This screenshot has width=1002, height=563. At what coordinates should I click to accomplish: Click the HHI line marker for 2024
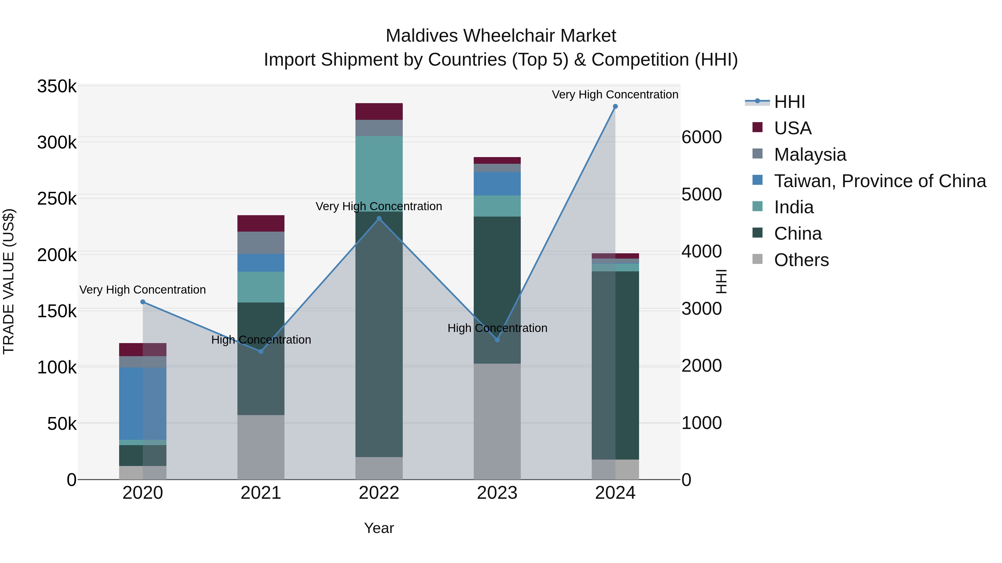pos(615,106)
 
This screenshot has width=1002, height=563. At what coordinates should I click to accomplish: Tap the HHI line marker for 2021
pos(261,351)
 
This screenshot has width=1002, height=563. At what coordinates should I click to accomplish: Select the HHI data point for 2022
pos(379,218)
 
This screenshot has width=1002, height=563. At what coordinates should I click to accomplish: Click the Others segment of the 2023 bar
pos(497,421)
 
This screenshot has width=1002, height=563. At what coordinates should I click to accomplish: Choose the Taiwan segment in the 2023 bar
pos(497,183)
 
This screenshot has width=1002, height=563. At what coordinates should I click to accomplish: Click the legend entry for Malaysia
pos(810,155)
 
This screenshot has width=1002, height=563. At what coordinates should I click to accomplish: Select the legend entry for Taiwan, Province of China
pos(880,181)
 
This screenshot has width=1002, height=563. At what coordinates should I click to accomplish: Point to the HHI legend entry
pos(790,102)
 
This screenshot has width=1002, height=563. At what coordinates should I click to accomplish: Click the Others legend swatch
pos(757,259)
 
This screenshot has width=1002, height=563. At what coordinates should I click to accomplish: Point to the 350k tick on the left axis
pos(57,86)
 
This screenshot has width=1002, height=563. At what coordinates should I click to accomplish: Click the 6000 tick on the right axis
pos(702,137)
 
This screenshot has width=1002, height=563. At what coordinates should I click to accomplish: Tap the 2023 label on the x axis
pos(497,493)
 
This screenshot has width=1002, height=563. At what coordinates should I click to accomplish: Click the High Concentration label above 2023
pos(497,328)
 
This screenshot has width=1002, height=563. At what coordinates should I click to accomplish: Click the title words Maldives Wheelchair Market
pos(501,36)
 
